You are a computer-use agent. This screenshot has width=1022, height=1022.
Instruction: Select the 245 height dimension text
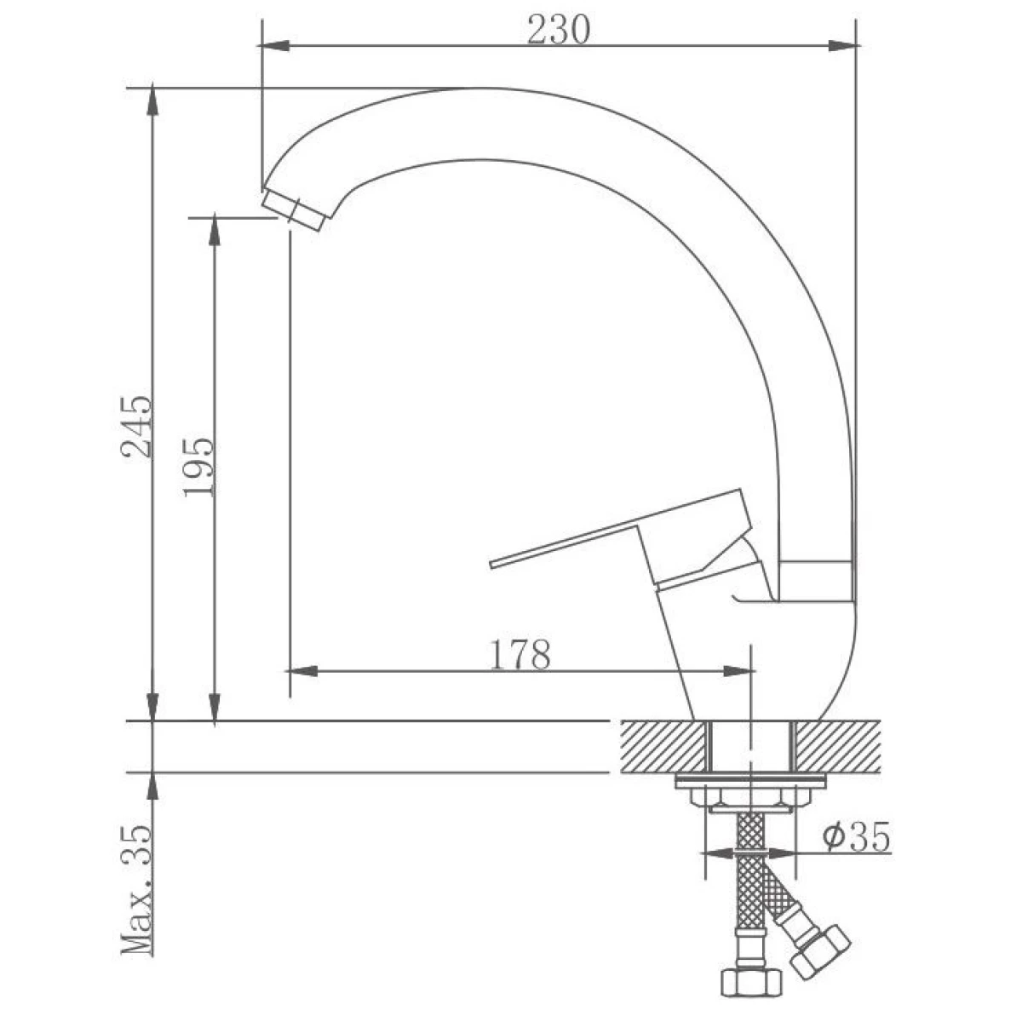(x=137, y=427)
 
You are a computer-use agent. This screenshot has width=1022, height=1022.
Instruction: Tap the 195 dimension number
(x=199, y=468)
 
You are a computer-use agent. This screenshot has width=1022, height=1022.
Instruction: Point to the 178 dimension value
(x=520, y=656)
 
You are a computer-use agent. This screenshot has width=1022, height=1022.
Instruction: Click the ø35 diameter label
(x=855, y=837)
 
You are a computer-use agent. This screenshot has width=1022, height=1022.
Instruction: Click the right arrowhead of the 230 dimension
(x=843, y=46)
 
